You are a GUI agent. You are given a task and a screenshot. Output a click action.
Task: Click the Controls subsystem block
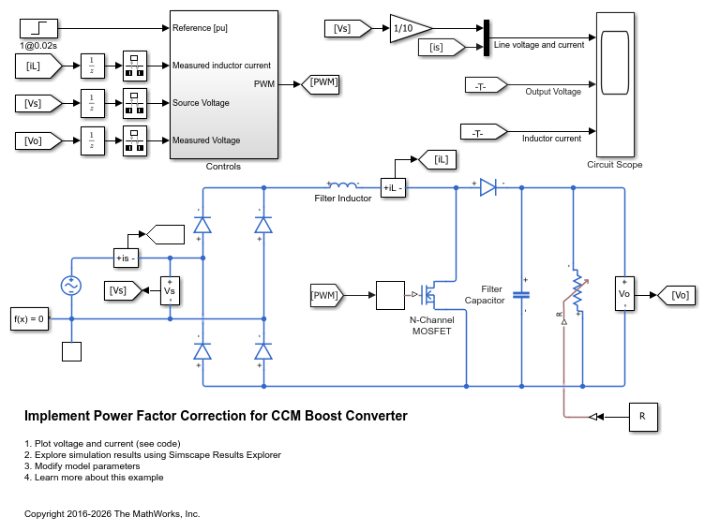coord(223,85)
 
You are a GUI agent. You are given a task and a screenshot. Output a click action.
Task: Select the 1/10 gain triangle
coord(409,29)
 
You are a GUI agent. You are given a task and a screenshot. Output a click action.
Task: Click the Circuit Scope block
coord(615,84)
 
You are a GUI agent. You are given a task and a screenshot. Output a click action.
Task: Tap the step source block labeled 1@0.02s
coord(38,28)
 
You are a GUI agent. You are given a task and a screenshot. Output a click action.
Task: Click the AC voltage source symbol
coord(71,286)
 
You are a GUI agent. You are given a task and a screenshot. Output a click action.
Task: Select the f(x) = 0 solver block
coord(29,319)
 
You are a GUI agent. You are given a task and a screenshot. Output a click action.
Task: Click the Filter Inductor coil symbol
coord(343,184)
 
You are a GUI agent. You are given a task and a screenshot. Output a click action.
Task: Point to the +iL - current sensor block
coord(393,188)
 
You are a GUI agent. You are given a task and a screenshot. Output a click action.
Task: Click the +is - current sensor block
coord(126,258)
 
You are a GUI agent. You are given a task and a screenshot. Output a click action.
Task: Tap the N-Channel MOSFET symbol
coord(429,295)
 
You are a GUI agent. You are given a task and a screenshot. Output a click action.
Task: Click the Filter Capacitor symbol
coord(521,295)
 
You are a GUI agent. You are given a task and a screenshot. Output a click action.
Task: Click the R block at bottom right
coord(643,417)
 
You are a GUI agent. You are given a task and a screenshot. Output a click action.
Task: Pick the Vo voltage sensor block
coord(624,294)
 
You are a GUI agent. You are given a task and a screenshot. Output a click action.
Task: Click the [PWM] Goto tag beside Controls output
coord(320,84)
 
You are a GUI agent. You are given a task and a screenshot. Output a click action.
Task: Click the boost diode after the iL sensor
coord(488,187)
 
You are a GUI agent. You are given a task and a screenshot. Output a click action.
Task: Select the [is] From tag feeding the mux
coord(441,47)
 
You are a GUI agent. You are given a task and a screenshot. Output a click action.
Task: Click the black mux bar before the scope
coord(487,37)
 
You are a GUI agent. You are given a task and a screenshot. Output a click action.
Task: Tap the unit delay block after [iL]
coord(93,66)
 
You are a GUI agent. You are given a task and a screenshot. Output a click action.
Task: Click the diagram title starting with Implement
coord(216,416)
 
